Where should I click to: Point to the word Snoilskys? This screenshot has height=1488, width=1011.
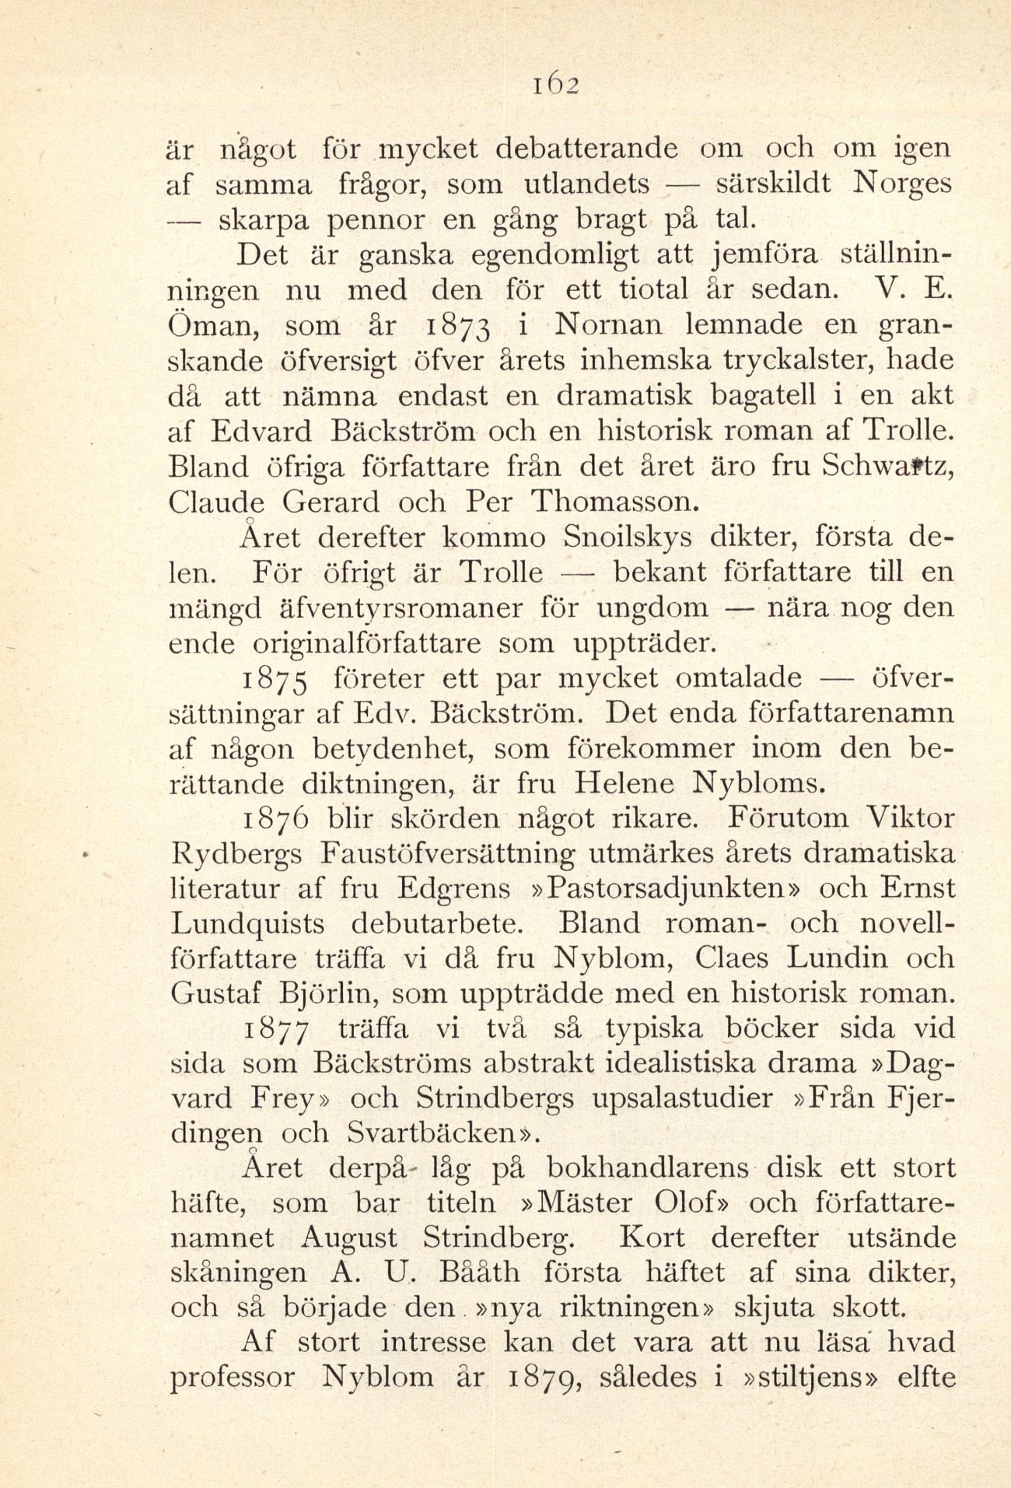pos(631,537)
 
